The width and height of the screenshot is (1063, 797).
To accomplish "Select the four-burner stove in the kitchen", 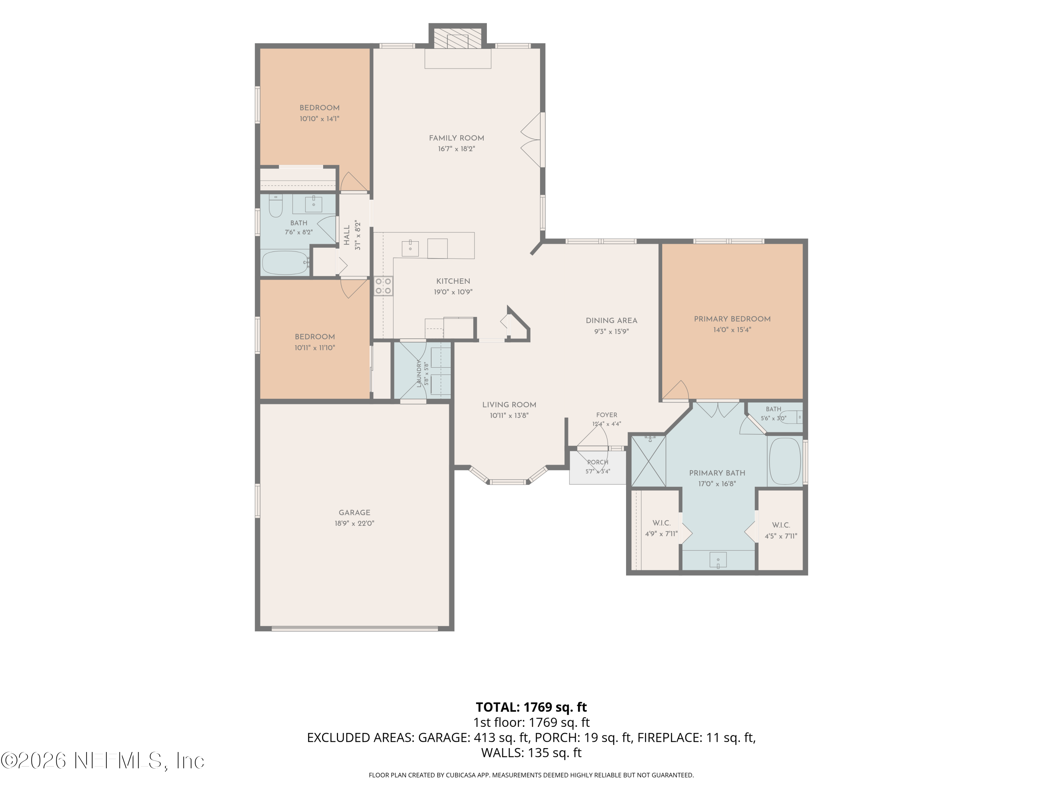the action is tap(383, 286).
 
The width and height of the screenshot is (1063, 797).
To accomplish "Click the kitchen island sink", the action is tap(410, 248).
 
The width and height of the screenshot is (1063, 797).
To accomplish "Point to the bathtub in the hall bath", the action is tap(286, 262).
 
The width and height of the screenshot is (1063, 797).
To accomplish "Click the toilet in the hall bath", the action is tap(275, 205).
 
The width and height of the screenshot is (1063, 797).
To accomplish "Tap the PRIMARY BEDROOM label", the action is tap(732, 319).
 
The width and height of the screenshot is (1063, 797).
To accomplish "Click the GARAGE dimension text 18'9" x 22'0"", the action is tap(354, 524).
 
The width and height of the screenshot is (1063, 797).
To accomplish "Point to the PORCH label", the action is tap(597, 462).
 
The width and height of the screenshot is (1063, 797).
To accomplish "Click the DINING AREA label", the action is tap(611, 321).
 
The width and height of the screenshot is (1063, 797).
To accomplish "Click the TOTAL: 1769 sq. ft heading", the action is tap(531, 707).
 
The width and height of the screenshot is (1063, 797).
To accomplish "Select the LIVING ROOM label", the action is tap(509, 405).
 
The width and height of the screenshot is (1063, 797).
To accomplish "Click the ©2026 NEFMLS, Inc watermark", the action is tap(102, 761).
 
